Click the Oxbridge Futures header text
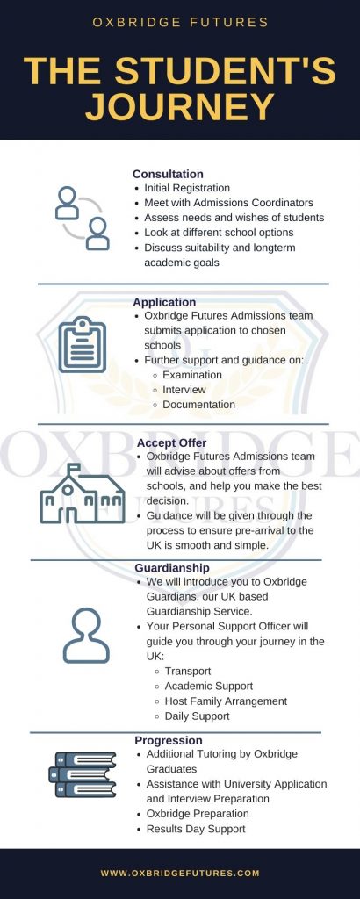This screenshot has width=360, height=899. tap(180, 21)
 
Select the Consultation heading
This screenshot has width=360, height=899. tap(168, 174)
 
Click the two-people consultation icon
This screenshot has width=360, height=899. tap(82, 218)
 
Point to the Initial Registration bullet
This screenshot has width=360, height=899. tap(187, 188)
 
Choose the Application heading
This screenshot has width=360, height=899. tap(164, 302)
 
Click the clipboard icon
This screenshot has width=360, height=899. tap(82, 344)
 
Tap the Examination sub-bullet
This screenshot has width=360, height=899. tap(192, 375)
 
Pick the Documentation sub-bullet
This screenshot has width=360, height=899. tap(198, 405)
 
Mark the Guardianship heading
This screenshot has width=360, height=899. tap(172, 568)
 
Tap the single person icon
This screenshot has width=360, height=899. tap(86, 636)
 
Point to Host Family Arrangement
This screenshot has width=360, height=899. tap(226, 701)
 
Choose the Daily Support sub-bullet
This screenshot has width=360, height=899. tap(197, 716)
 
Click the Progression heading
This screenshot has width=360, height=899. tap(169, 740)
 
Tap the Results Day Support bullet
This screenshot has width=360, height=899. tap(196, 829)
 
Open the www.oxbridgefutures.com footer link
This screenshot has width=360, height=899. tap(180, 873)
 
